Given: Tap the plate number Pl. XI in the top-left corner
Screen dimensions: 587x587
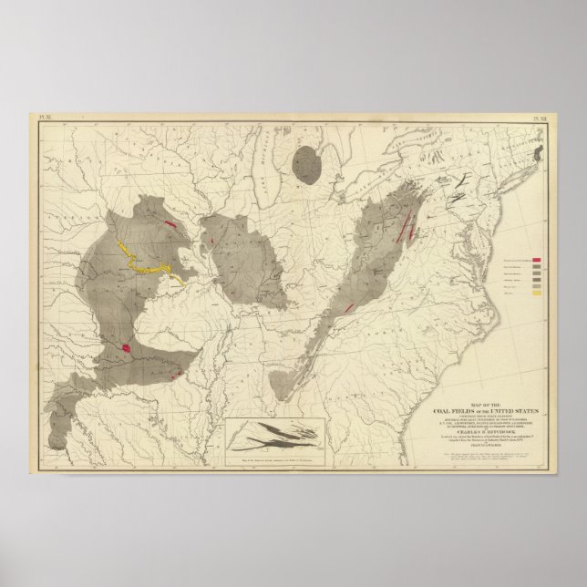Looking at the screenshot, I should (x=36, y=118).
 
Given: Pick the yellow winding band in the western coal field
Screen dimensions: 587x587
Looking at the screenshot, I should (x=146, y=263).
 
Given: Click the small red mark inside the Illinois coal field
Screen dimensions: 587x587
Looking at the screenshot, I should (x=213, y=242).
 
